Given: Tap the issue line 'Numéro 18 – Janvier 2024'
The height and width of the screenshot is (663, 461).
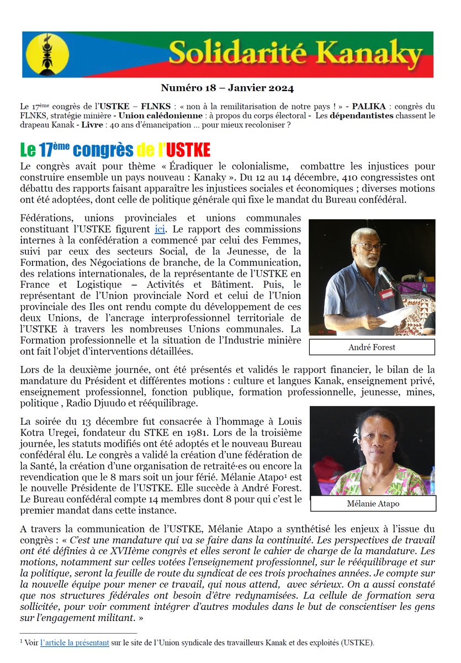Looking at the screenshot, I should [x=227, y=88].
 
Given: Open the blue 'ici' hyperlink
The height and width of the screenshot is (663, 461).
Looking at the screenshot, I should [x=160, y=229].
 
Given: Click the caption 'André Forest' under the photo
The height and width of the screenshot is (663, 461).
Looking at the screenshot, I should [x=372, y=348].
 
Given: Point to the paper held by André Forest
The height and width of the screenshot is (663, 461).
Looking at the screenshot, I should [x=398, y=317].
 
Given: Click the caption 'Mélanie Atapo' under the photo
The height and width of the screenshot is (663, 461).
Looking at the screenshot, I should [x=373, y=503].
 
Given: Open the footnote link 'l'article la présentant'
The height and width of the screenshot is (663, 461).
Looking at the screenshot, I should [x=74, y=643].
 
